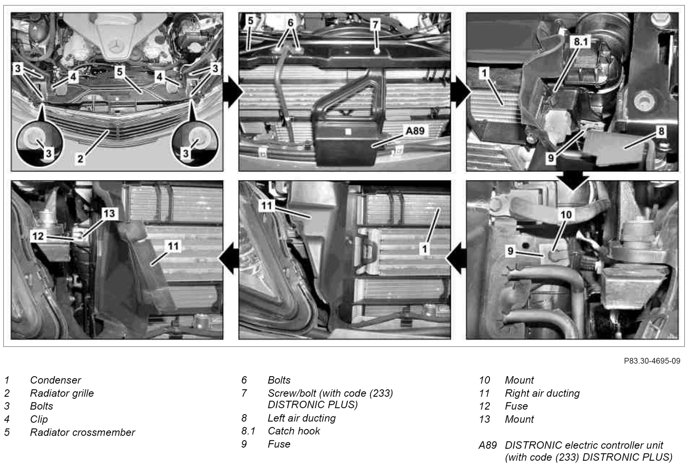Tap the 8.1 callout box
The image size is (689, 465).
(x=581, y=42)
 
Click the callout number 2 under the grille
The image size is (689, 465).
(x=80, y=159)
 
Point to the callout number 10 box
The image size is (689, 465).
(x=566, y=214)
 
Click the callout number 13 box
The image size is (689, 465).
(x=109, y=213)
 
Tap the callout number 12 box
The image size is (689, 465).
(x=38, y=236)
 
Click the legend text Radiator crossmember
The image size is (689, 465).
(x=83, y=432)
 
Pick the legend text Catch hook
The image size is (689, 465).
(x=294, y=431)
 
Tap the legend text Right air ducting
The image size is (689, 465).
(x=542, y=393)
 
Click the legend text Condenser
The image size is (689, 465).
(x=56, y=380)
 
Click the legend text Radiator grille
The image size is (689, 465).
(x=62, y=393)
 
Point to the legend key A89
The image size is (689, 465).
(x=488, y=445)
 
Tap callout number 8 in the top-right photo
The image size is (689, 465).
(x=661, y=131)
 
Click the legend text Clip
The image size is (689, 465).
(x=39, y=419)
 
